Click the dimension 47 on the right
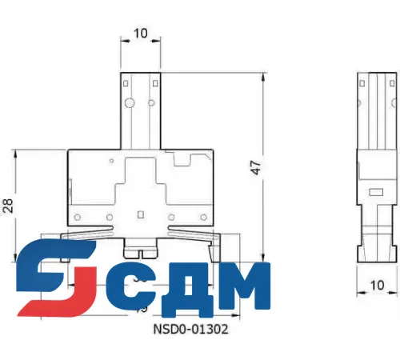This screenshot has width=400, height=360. [x=254, y=167]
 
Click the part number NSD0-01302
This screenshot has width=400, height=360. [x=186, y=329]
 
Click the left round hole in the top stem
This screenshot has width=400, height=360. [x=127, y=103]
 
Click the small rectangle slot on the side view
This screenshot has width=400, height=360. [x=373, y=191]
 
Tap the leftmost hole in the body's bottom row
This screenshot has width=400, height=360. [x=77, y=217]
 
